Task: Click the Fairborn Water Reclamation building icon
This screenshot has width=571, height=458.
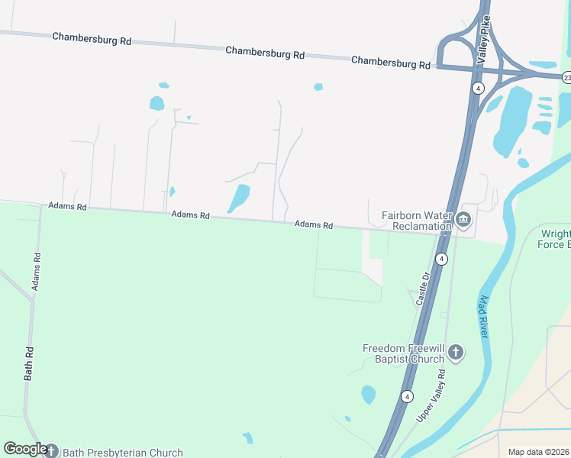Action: pos(463,221)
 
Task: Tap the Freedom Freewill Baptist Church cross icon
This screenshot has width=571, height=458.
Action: pos(455,353)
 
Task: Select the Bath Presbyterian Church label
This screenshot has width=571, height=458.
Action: pos(122,453)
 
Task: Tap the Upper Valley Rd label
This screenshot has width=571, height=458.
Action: pos(432,396)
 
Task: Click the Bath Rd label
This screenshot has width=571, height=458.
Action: pos(29,364)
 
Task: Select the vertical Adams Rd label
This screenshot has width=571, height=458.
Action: pos(35,271)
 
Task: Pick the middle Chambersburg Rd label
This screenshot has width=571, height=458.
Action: pos(265,53)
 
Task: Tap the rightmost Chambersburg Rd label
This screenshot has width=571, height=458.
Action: pos(392,63)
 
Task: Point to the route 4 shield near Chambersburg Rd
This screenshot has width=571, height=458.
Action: pos(477,88)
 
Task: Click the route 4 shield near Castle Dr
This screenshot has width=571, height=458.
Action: pos(440,260)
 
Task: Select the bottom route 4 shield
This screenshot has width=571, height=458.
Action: pos(407,396)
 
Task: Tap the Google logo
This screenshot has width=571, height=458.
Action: pos(24,449)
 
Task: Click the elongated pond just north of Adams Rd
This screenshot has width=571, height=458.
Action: pos(238,199)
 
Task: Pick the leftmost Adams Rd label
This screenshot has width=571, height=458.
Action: pos(67,206)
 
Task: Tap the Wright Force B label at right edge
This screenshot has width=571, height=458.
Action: pos(555,239)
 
